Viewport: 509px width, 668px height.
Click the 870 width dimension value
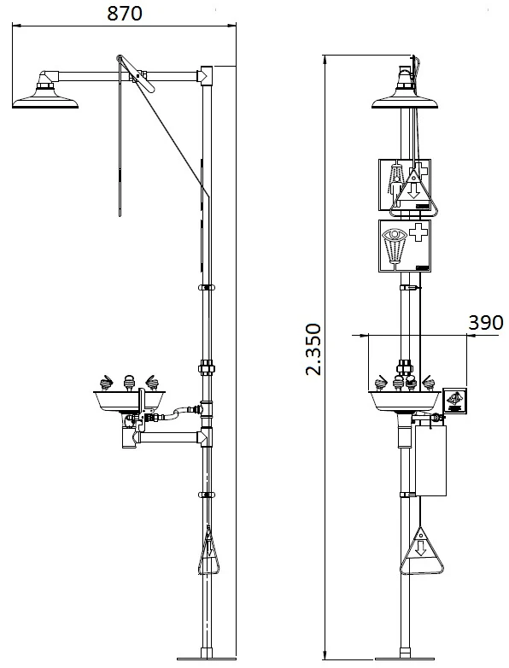[125, 13]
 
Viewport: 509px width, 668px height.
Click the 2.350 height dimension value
[313, 349]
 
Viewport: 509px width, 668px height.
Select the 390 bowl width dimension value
[486, 323]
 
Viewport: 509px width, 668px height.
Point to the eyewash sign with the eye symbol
[404, 246]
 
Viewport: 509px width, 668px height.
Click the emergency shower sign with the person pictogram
[404, 185]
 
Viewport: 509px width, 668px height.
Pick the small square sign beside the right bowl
[454, 401]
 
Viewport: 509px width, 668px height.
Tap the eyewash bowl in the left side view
[129, 401]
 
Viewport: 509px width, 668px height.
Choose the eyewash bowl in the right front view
[404, 401]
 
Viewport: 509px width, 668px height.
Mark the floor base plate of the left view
[207, 659]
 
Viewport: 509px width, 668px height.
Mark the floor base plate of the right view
[405, 659]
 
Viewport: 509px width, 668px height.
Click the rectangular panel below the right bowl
[430, 460]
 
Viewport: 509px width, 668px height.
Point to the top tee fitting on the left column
[205, 76]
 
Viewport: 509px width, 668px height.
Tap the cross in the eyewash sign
[418, 232]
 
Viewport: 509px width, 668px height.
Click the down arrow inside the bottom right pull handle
[421, 548]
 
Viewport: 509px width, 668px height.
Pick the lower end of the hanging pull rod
[120, 214]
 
